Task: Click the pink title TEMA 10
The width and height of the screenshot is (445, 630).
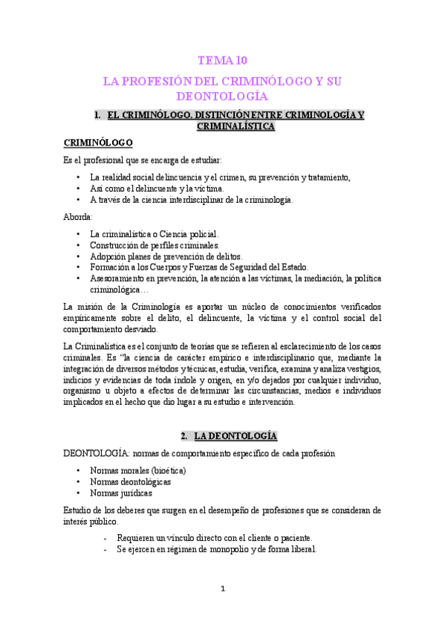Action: tap(223, 62)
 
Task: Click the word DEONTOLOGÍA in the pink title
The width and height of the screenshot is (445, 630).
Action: tap(222, 97)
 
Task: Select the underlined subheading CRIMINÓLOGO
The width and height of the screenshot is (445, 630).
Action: tap(98, 143)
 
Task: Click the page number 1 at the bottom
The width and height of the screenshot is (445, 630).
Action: tap(222, 589)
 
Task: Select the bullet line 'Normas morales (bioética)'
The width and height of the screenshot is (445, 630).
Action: tap(137, 471)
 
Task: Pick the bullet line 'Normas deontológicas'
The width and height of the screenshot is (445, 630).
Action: tap(130, 481)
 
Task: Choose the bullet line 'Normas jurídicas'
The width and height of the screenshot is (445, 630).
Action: tap(121, 493)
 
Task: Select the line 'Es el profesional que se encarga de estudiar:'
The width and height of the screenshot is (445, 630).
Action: tap(142, 160)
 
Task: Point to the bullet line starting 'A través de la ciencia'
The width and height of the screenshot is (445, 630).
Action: tap(192, 199)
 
